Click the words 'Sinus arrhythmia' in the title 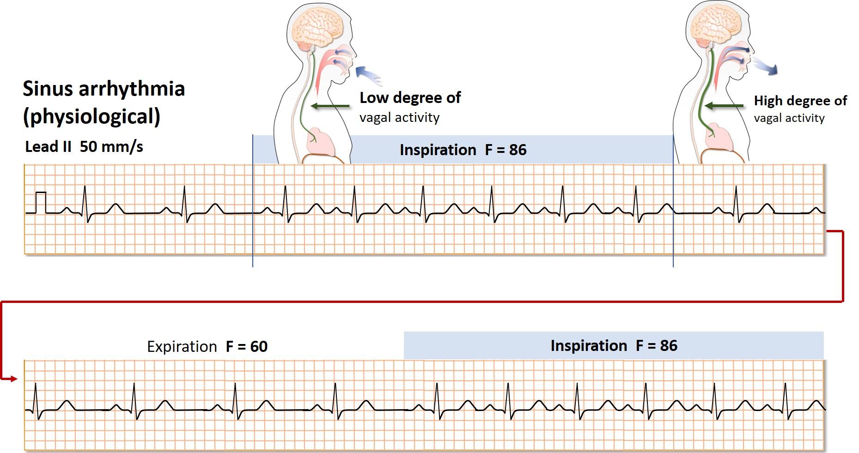click(x=104, y=89)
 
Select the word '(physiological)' click(x=91, y=116)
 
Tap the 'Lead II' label click(x=48, y=147)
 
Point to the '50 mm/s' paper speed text click(x=111, y=147)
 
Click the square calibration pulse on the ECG click(x=42, y=202)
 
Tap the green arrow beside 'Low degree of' click(x=330, y=106)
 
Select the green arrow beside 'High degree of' click(x=724, y=106)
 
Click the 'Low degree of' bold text click(x=410, y=98)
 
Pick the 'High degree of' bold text click(x=800, y=101)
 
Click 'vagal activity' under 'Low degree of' click(x=400, y=117)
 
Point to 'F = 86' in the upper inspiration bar click(x=506, y=150)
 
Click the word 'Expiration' click(x=182, y=347)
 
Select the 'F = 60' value click(x=247, y=347)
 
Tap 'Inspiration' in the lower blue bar click(x=589, y=346)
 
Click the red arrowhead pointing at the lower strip click(x=14, y=379)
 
